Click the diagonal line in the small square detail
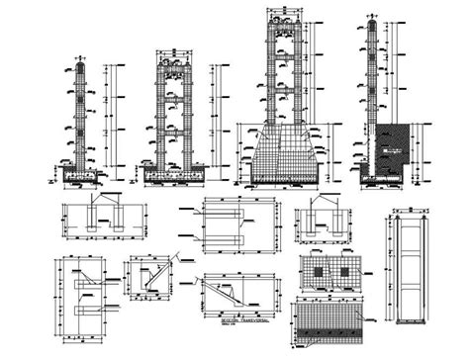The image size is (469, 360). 150,280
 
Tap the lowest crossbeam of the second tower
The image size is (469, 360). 177,135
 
